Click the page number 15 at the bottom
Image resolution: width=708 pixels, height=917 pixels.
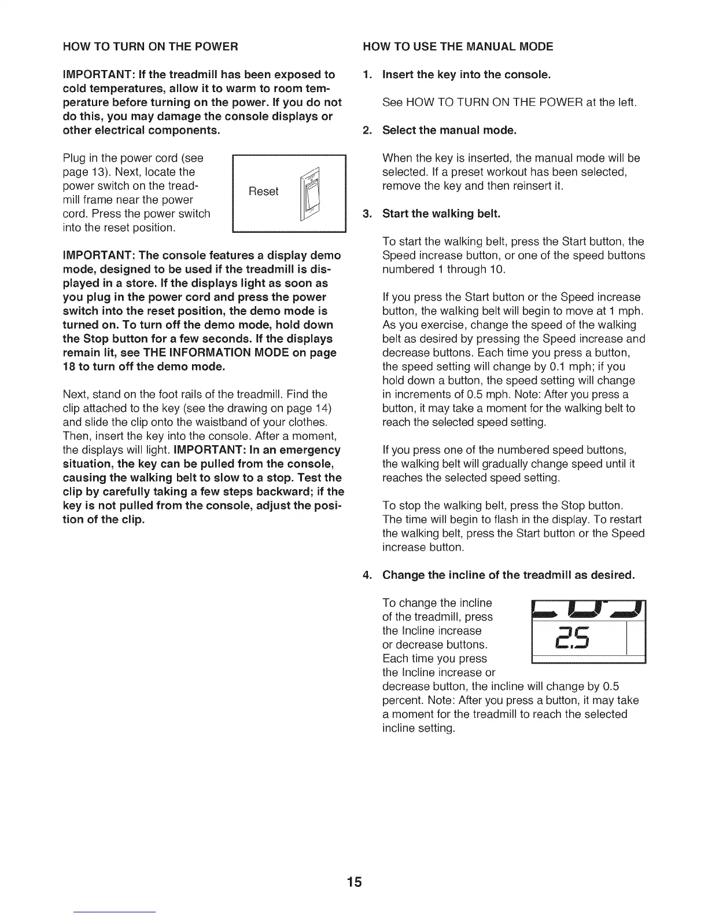(354, 882)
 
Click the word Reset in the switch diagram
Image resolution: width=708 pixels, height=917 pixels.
(263, 192)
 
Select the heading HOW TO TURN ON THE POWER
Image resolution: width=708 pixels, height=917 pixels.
(150, 46)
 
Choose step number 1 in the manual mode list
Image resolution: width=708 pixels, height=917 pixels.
(366, 75)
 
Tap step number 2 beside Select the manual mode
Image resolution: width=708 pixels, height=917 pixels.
(366, 130)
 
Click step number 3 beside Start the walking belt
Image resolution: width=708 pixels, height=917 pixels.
(366, 214)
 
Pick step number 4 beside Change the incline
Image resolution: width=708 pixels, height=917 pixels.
(366, 575)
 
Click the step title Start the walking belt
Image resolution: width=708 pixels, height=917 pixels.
(441, 214)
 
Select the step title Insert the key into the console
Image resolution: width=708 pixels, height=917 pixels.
(467, 75)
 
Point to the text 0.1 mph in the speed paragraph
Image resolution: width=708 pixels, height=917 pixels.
(587, 367)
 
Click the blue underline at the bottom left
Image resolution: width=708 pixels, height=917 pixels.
(115, 912)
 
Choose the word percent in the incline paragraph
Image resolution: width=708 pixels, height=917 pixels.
(401, 700)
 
